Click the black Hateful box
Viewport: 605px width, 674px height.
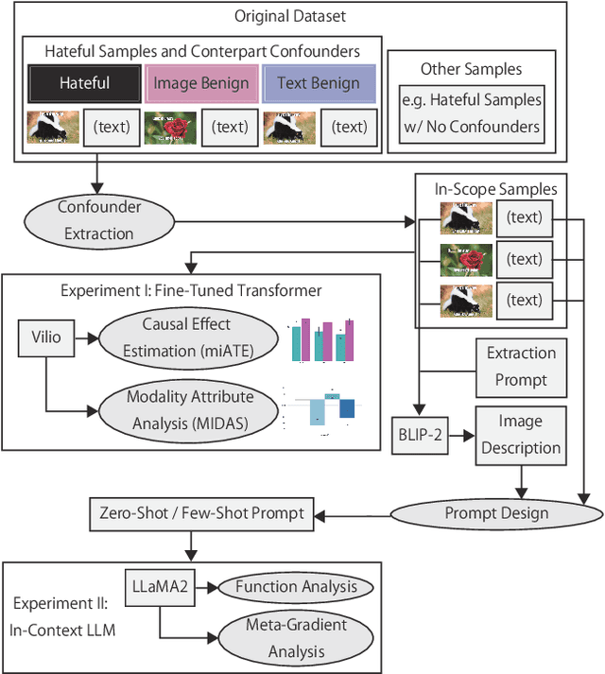click(84, 82)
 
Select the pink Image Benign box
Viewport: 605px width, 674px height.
click(201, 82)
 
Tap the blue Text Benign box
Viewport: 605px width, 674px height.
click(318, 82)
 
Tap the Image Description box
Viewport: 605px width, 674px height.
click(521, 436)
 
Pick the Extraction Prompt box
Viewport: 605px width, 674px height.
click(521, 366)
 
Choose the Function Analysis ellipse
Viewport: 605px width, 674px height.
click(295, 587)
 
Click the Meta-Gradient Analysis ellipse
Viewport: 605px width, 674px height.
click(296, 637)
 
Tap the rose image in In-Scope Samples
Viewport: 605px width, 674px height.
click(466, 259)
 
